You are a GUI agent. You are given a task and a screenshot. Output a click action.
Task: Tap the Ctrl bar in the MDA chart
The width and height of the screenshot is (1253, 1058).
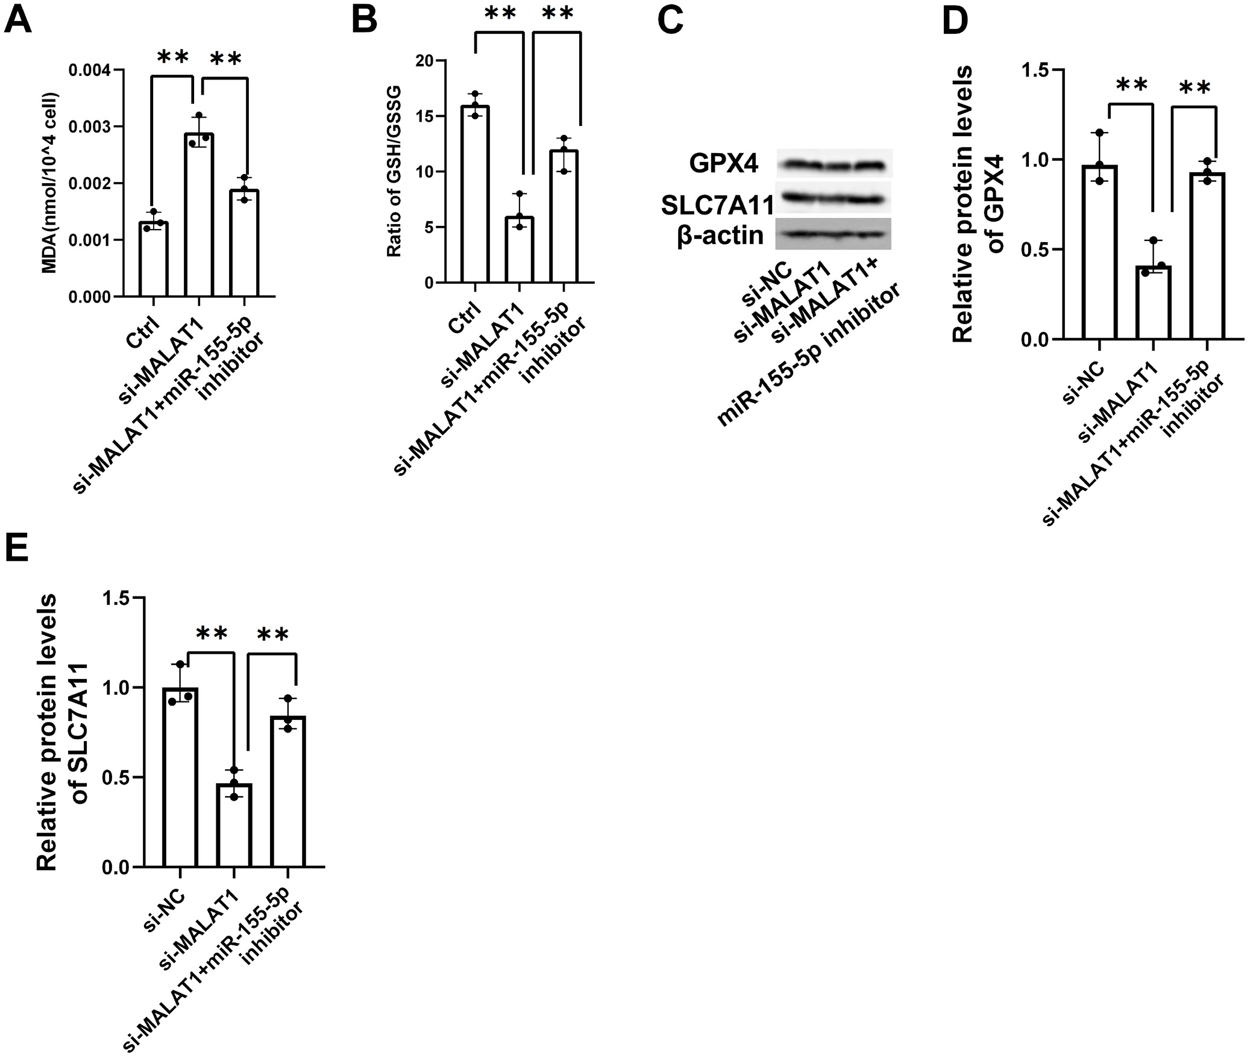point(153,260)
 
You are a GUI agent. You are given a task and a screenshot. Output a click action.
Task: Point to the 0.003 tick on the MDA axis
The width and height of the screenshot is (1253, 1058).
point(93,127)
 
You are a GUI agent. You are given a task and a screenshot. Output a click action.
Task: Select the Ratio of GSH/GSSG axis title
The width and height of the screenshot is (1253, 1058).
point(394,172)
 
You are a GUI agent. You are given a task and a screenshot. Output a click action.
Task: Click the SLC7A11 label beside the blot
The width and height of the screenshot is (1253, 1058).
point(717,206)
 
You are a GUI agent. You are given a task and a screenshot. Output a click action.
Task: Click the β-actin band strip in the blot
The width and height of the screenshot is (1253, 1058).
point(833,234)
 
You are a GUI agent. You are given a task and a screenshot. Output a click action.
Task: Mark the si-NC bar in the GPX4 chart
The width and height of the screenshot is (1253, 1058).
point(1099,252)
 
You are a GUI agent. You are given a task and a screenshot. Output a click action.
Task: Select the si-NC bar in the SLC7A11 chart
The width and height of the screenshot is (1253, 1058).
point(180,777)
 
